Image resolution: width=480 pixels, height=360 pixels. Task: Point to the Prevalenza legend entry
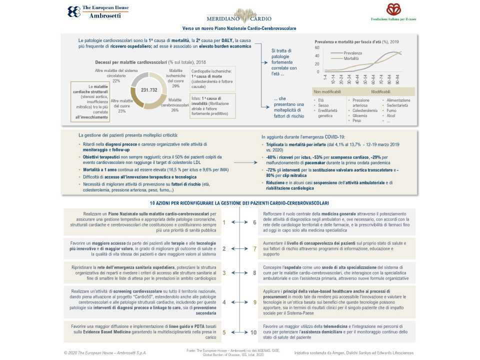pyautogui.click(x=352, y=52)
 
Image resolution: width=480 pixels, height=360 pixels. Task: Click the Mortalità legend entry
pyautogui.click(x=351, y=58)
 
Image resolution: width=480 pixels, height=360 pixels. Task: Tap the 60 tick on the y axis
pyautogui.click(x=316, y=47)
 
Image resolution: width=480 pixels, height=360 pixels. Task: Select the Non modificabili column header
pyautogui.click(x=327, y=92)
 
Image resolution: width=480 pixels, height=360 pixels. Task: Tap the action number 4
pyautogui.click(x=224, y=302)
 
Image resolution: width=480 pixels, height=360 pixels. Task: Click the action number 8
pyautogui.click(x=255, y=273)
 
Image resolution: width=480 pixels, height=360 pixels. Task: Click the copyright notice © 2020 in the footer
pyautogui.click(x=105, y=352)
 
